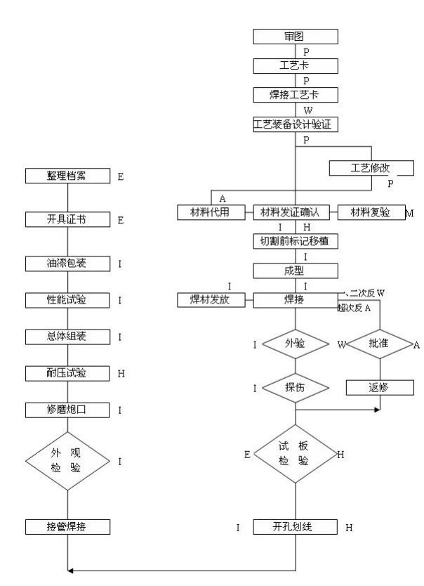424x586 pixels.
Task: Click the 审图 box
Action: click(296, 36)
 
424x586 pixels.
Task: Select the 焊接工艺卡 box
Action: click(296, 95)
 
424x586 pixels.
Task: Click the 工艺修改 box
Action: click(371, 169)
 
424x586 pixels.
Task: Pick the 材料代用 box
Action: click(210, 212)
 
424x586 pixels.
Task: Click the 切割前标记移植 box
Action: click(296, 241)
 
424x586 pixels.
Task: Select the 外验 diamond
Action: click(296, 344)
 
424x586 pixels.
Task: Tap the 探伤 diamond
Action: click(296, 387)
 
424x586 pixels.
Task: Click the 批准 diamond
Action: click(380, 344)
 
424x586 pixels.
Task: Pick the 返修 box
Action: click(380, 387)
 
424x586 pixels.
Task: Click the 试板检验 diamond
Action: click(296, 454)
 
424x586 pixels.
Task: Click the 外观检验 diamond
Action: click(67, 461)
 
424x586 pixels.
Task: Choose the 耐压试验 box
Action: click(67, 373)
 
